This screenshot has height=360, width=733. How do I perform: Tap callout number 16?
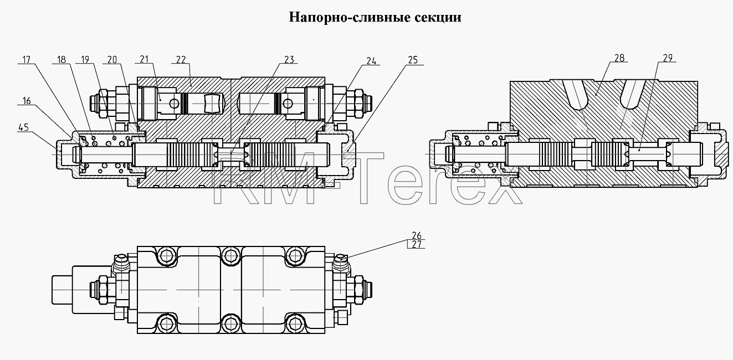pyautogui.click(x=27, y=101)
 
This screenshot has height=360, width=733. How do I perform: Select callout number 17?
pyautogui.click(x=26, y=59)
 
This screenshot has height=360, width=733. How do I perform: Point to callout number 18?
pyautogui.click(x=61, y=59)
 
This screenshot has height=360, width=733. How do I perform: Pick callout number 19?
pyautogui.click(x=85, y=59)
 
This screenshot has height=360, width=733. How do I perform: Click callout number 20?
pyautogui.click(x=112, y=59)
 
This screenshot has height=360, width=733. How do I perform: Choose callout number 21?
pyautogui.click(x=144, y=59)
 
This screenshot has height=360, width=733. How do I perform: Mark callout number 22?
pyautogui.click(x=181, y=59)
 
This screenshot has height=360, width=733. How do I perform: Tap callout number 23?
pyautogui.click(x=289, y=59)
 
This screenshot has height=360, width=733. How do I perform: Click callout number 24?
pyautogui.click(x=371, y=61)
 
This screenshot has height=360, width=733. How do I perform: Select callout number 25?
pyautogui.click(x=413, y=60)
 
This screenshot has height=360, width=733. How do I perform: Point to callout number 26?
pyautogui.click(x=417, y=235)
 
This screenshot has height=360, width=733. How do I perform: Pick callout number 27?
pyautogui.click(x=417, y=244)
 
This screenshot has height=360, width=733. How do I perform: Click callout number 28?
pyautogui.click(x=619, y=58)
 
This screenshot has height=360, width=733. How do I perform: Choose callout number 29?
pyautogui.click(x=668, y=58)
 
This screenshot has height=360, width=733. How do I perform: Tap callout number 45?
pyautogui.click(x=24, y=127)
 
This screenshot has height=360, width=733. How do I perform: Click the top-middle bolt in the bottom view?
pyautogui.click(x=230, y=256)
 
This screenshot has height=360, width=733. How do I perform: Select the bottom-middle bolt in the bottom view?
pyautogui.click(x=230, y=324)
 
